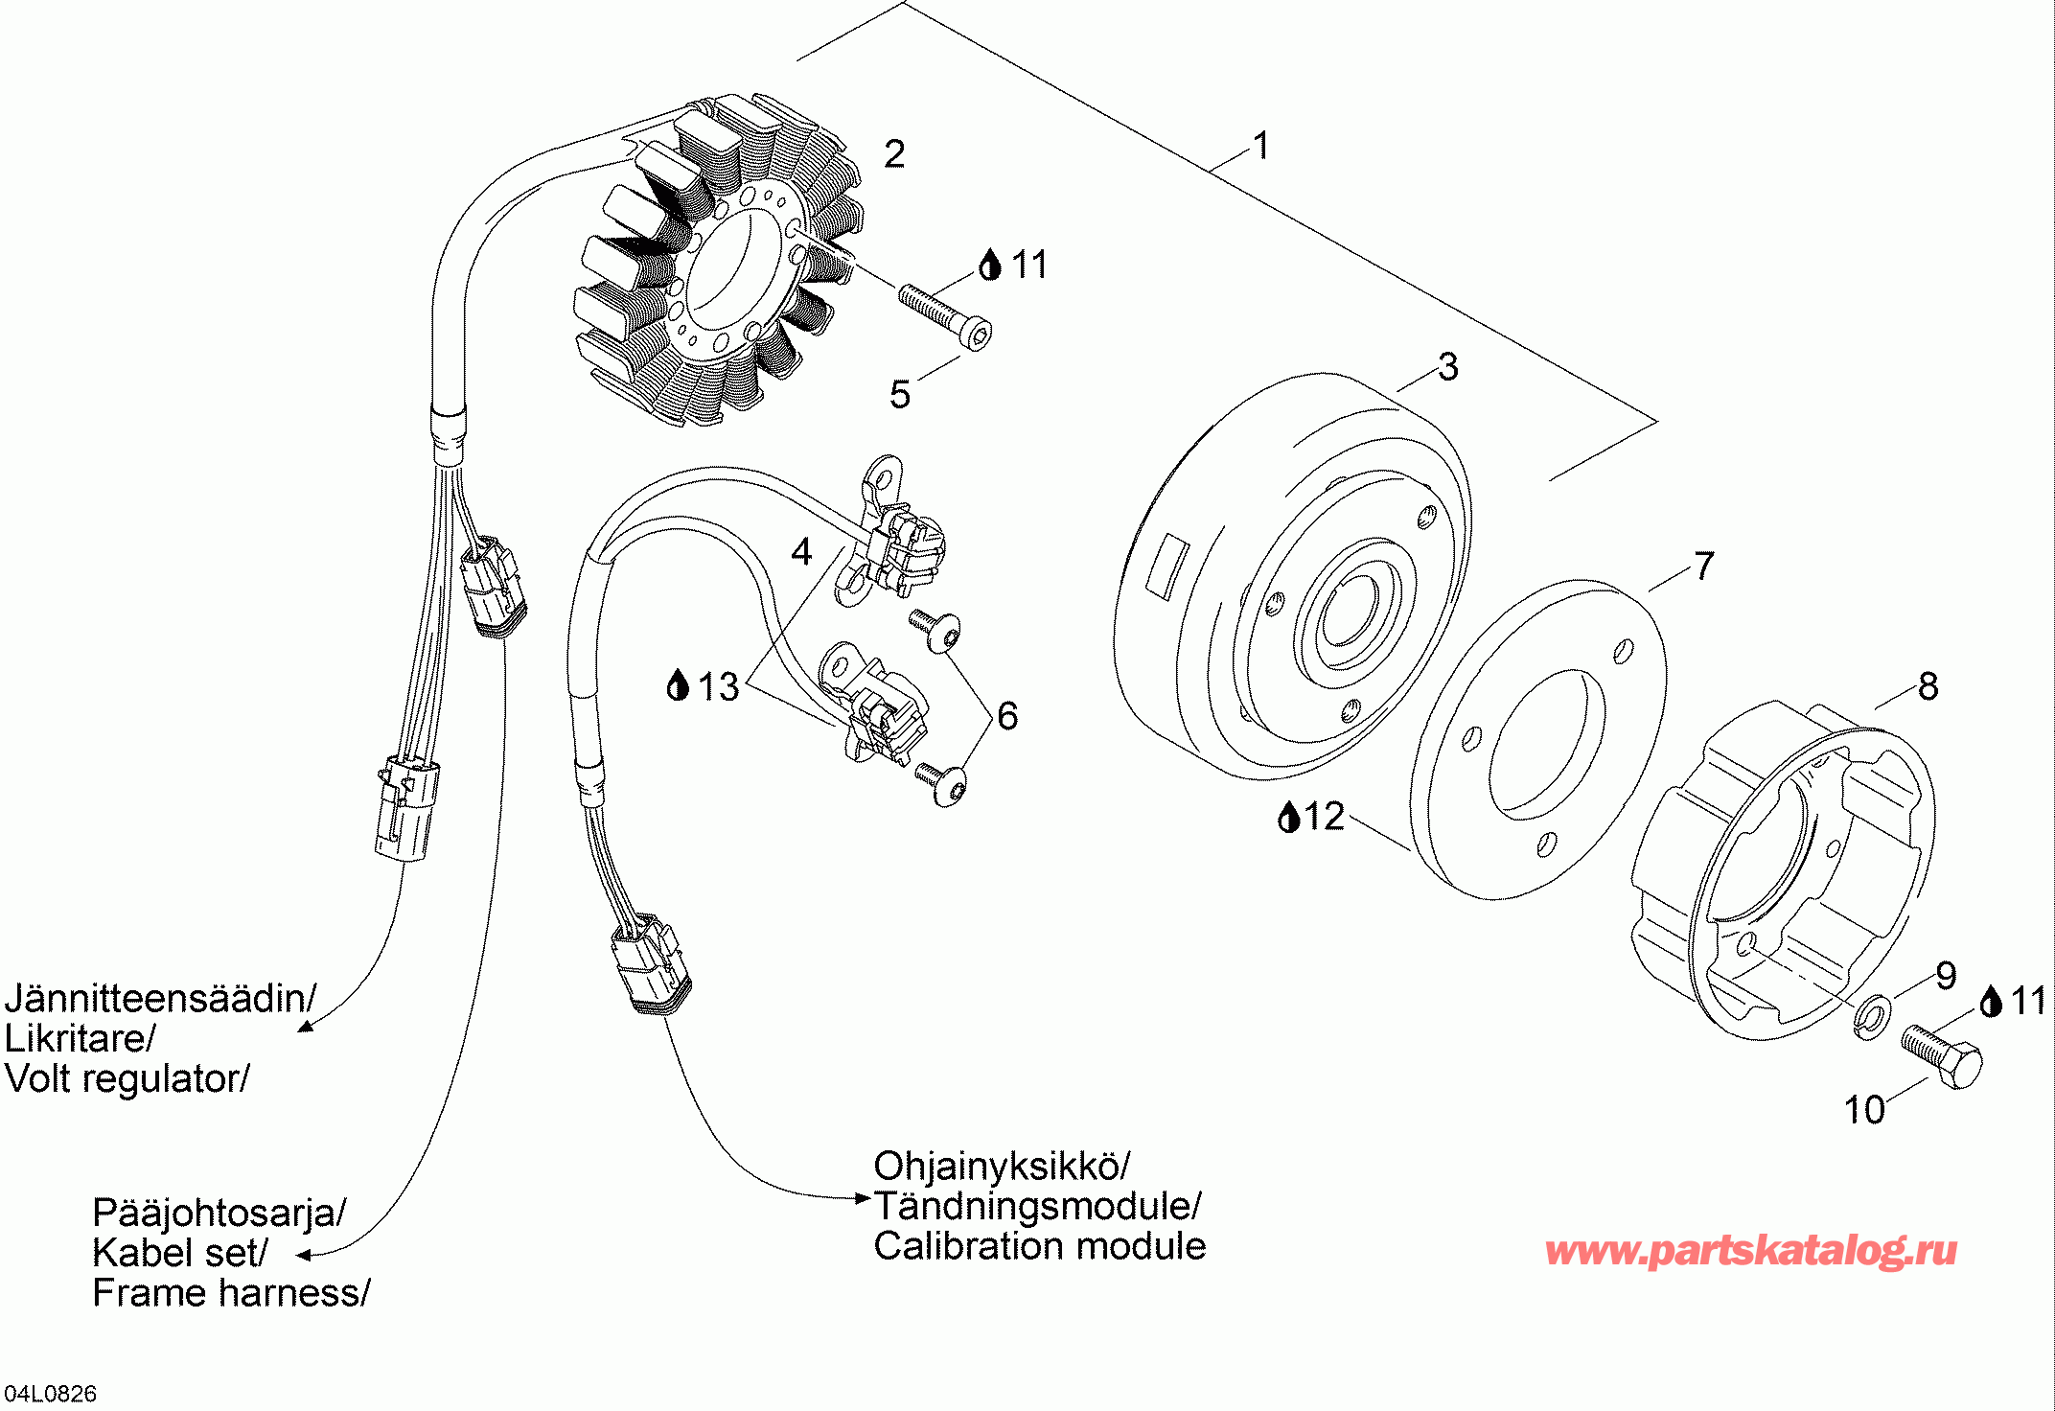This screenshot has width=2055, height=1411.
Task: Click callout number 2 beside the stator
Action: pyautogui.click(x=894, y=154)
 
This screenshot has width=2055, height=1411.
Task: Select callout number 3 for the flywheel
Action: pyautogui.click(x=1448, y=367)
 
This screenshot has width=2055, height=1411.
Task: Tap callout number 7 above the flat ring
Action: pyautogui.click(x=1703, y=567)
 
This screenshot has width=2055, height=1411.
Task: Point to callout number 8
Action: pyautogui.click(x=1928, y=686)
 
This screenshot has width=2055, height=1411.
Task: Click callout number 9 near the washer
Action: pyautogui.click(x=1946, y=976)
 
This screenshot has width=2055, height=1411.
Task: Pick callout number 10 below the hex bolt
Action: pyautogui.click(x=1864, y=1110)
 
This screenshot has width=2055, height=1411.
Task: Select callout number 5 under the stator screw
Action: pyautogui.click(x=900, y=395)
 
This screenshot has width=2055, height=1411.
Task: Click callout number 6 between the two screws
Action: pyautogui.click(x=1007, y=716)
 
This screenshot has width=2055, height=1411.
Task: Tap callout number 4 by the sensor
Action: pyautogui.click(x=801, y=552)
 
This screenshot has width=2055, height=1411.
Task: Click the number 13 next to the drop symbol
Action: pyautogui.click(x=719, y=687)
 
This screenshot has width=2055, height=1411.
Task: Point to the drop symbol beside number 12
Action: pyautogui.click(x=1289, y=817)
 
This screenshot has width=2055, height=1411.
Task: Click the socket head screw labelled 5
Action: pyautogui.click(x=945, y=316)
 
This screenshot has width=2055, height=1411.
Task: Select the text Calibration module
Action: pyautogui.click(x=1040, y=1246)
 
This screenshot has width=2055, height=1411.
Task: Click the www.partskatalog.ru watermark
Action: pyautogui.click(x=1751, y=1251)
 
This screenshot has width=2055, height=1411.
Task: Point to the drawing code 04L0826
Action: pyautogui.click(x=51, y=1394)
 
